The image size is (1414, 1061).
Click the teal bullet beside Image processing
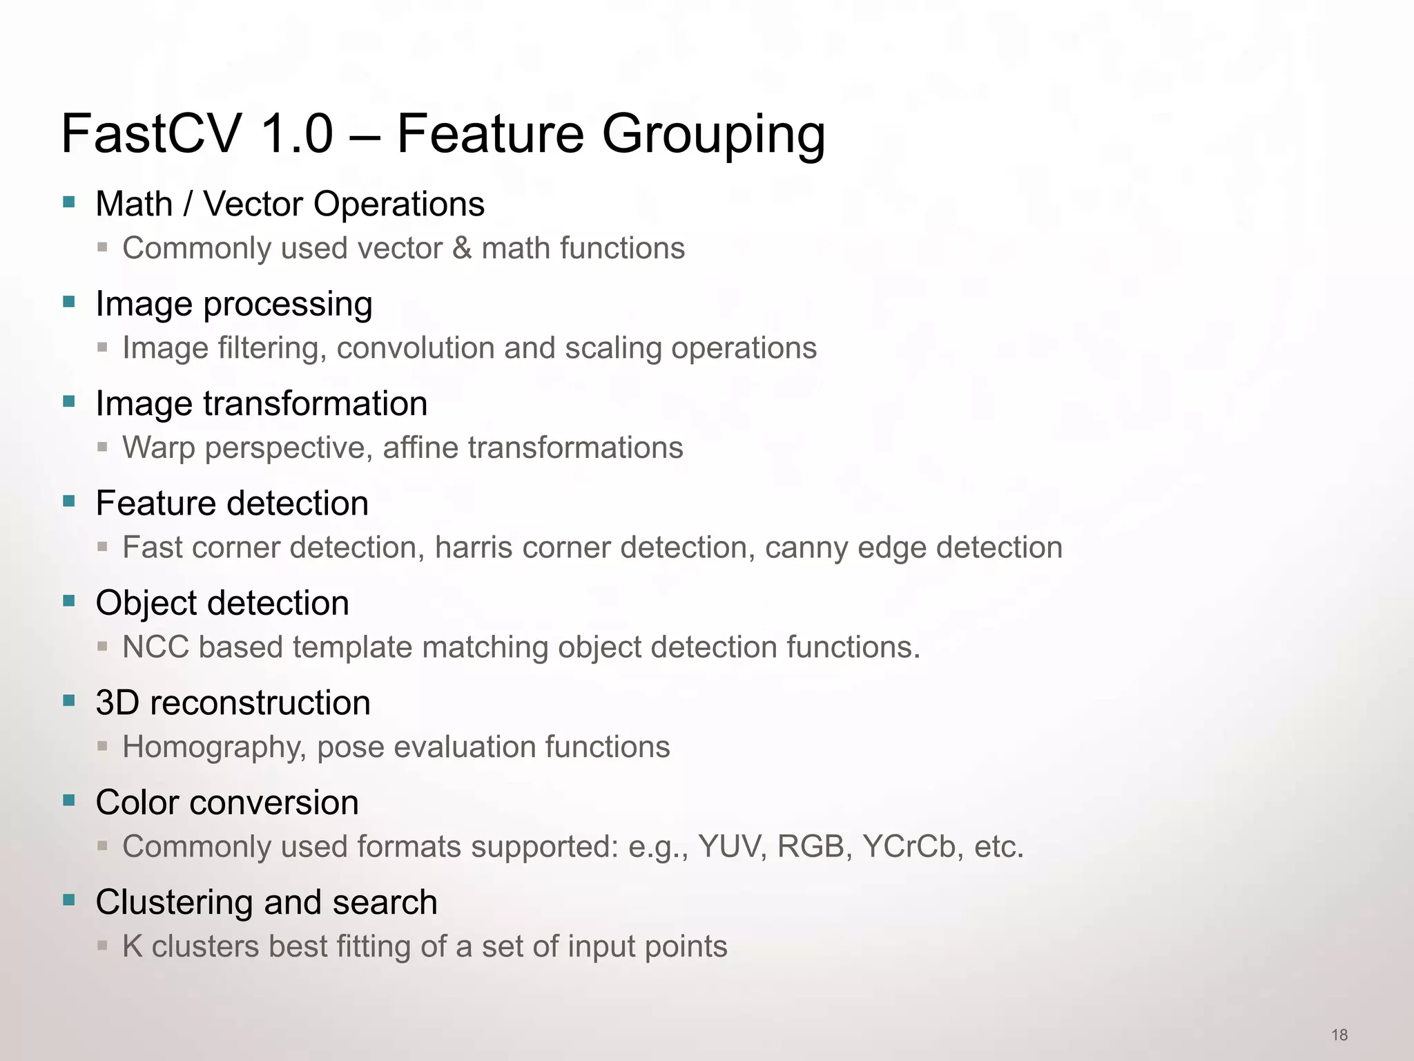[69, 302]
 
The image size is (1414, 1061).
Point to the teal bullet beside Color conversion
[69, 801]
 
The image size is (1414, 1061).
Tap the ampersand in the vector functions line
[461, 248]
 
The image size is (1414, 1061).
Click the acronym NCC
[155, 647]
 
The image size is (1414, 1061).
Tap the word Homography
[214, 747]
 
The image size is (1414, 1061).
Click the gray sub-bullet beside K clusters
[102, 946]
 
